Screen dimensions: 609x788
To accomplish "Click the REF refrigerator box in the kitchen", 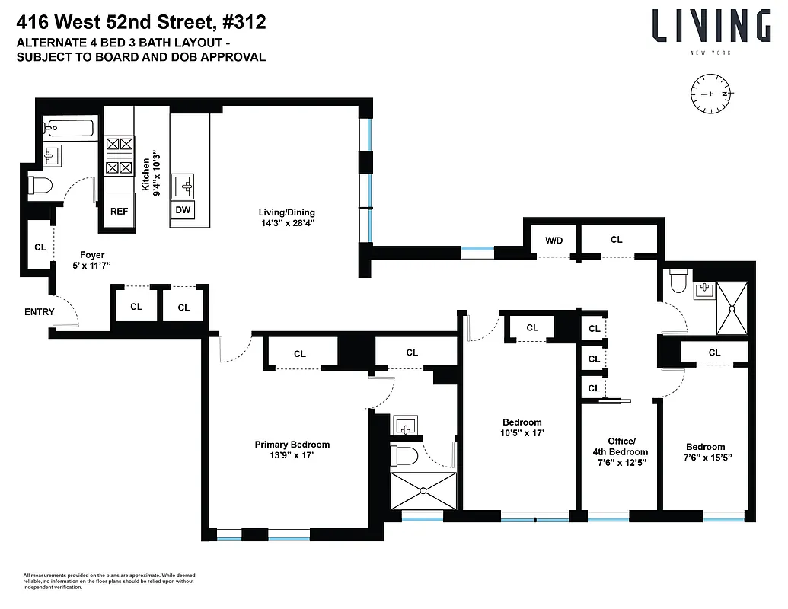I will pyautogui.click(x=119, y=212).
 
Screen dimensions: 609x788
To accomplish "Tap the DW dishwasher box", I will pyautogui.click(x=183, y=209).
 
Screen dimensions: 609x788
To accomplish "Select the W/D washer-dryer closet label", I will pyautogui.click(x=554, y=240).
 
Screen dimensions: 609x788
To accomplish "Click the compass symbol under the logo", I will pyautogui.click(x=710, y=94).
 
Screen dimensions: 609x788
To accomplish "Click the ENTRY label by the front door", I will pyautogui.click(x=40, y=311).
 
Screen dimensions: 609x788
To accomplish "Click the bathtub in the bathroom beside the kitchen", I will pyautogui.click(x=69, y=128).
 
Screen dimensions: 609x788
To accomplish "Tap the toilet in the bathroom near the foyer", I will pyautogui.click(x=40, y=184).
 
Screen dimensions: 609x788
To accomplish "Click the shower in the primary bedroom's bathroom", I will pyautogui.click(x=423, y=491).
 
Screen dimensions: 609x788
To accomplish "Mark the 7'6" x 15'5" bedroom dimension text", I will pyautogui.click(x=705, y=458).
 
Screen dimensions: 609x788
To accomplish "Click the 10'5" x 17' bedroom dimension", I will pyautogui.click(x=522, y=432).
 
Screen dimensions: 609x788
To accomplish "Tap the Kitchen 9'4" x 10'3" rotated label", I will pyautogui.click(x=152, y=177).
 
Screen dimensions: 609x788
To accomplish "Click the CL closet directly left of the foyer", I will pyautogui.click(x=40, y=247).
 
